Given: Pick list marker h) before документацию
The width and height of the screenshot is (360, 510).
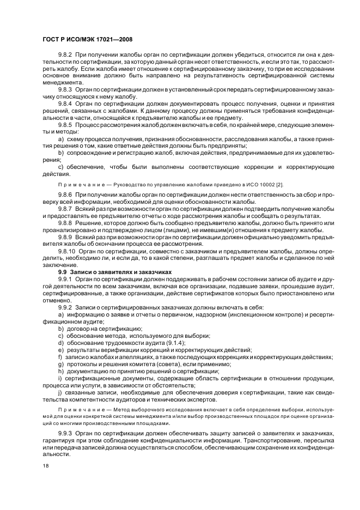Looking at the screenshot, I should pyautogui.click(x=60, y=371).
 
